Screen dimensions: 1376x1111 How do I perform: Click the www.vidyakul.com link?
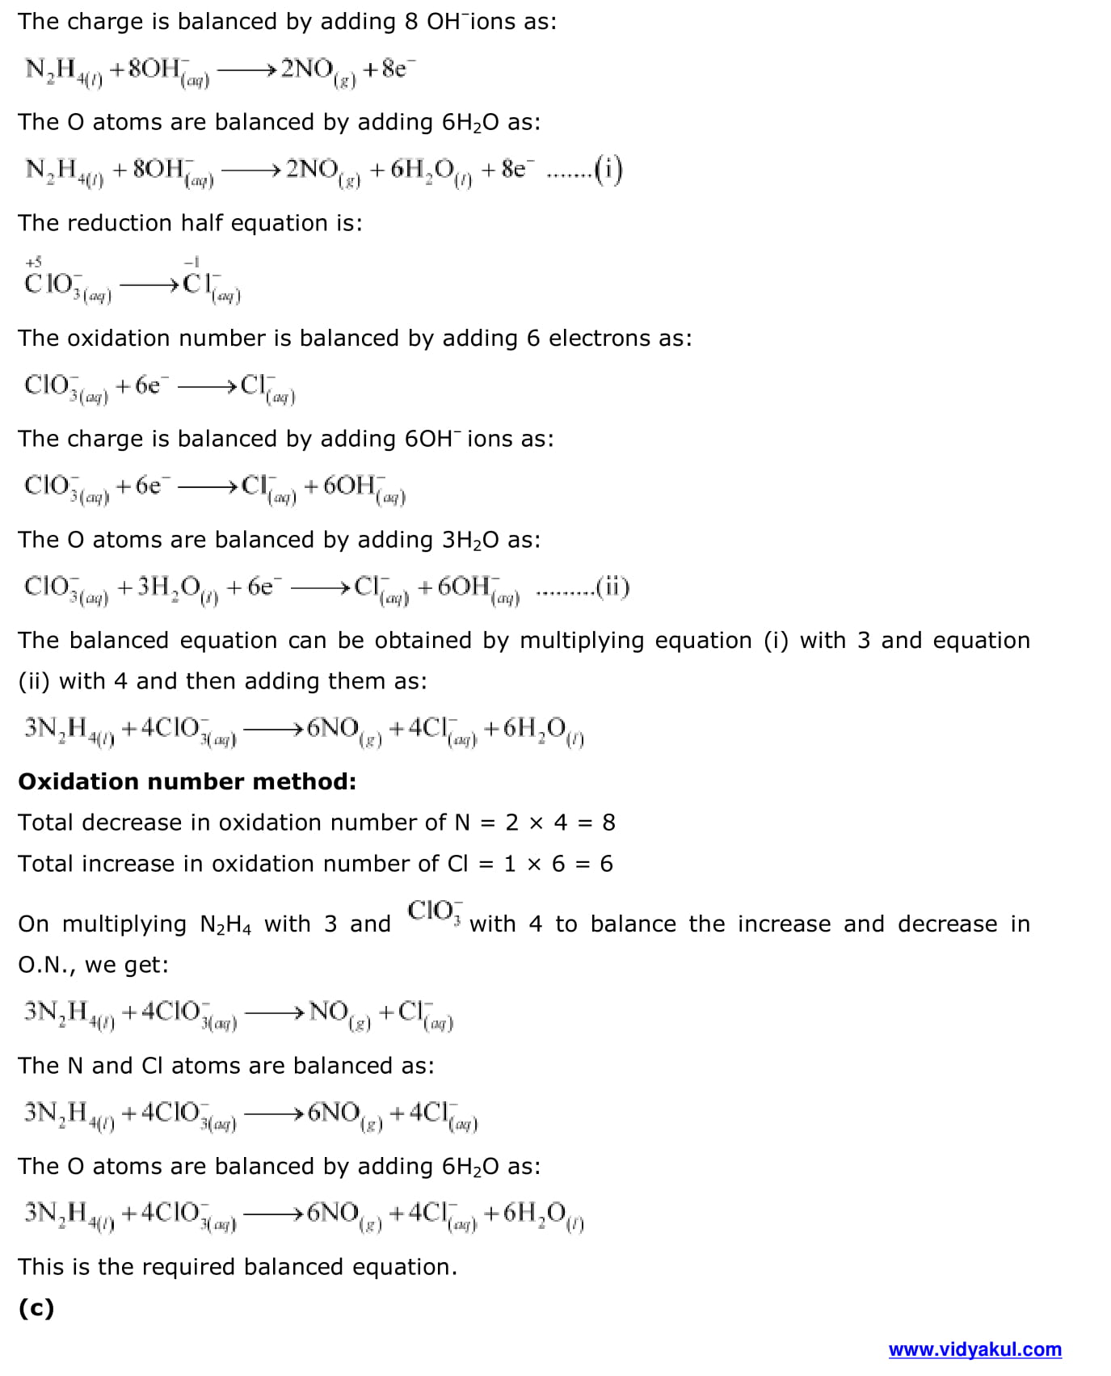click(x=974, y=1349)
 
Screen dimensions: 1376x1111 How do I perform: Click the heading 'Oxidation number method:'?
click(x=187, y=781)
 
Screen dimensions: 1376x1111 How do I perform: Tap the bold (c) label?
click(x=36, y=1307)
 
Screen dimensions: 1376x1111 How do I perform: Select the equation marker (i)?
click(x=608, y=169)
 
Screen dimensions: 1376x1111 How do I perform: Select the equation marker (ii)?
click(x=612, y=587)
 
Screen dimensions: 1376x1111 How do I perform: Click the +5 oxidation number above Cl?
click(x=33, y=262)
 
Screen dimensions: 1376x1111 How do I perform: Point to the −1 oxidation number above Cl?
click(x=191, y=262)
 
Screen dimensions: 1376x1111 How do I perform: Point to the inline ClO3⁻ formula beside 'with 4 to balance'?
click(x=435, y=911)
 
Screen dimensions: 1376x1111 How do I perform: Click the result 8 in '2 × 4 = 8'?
click(x=608, y=823)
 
